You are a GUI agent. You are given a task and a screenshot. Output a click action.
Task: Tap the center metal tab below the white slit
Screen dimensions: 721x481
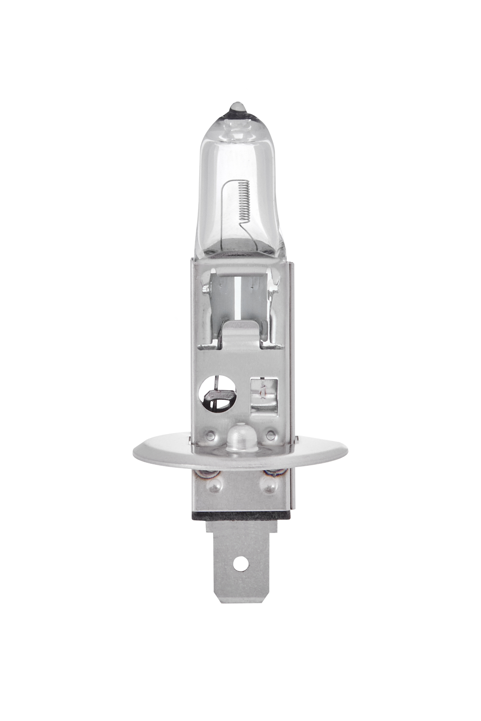click(x=240, y=332)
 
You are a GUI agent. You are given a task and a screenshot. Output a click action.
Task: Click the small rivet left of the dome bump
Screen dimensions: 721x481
click(x=210, y=436)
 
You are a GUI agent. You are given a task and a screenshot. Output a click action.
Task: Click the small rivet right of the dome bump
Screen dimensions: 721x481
click(x=271, y=436)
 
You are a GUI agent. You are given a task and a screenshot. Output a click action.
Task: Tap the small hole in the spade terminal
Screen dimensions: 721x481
click(x=240, y=561)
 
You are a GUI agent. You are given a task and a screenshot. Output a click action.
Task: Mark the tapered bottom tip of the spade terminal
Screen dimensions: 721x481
click(x=240, y=598)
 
